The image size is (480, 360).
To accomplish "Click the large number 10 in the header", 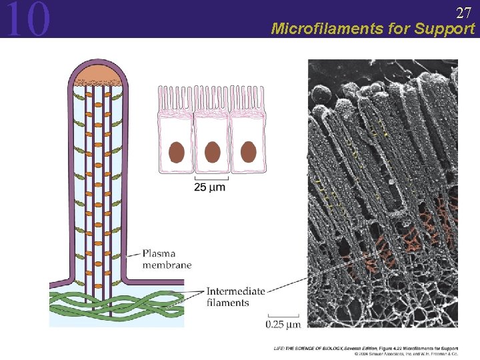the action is click(27, 19).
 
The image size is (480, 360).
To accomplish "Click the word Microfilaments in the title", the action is click(319, 29).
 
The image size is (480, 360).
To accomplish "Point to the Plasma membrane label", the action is click(167, 259).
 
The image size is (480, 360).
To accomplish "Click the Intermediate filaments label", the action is click(236, 297).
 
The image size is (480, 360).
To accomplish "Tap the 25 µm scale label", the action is click(209, 187).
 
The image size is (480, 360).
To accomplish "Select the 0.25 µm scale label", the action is click(284, 324).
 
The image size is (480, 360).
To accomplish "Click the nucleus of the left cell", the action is click(176, 152).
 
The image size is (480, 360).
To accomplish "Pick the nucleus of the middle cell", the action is click(212, 152).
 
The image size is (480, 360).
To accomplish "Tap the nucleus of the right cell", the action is click(248, 152).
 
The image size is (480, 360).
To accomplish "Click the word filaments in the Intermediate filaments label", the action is click(227, 303).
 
